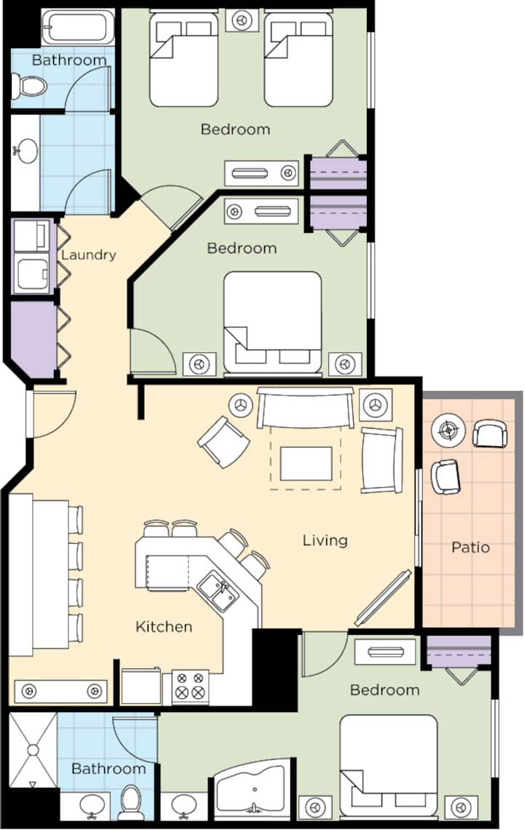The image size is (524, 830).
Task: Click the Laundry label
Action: (88, 255)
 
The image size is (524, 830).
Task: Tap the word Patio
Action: (471, 547)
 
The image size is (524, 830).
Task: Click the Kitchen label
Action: (164, 627)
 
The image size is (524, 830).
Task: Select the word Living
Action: (325, 540)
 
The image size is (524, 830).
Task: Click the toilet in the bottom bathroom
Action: (130, 802)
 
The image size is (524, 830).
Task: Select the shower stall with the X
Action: (33, 751)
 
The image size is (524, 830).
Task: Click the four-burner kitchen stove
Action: (190, 687)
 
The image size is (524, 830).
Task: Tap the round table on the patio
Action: (448, 429)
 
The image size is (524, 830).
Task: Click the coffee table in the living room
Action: (306, 463)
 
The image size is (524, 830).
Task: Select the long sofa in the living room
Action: (306, 407)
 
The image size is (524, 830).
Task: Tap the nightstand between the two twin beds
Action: (242, 20)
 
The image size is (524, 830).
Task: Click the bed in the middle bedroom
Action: (272, 323)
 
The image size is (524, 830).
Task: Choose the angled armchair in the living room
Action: (223, 442)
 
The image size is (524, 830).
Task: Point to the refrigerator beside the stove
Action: (140, 687)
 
